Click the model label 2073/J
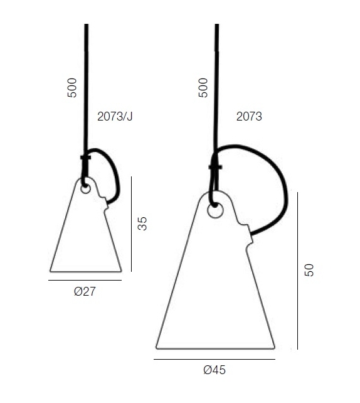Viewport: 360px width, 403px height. coord(115,116)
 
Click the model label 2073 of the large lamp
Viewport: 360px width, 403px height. coord(249,116)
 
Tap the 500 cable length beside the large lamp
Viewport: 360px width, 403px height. coord(203,87)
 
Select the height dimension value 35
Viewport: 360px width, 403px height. coord(142,223)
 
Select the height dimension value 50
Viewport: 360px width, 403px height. coord(308,270)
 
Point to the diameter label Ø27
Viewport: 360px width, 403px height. coord(84,291)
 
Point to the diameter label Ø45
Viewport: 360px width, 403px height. coord(214,370)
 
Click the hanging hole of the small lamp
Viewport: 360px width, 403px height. coord(86,188)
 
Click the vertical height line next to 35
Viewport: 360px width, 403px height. coord(132,223)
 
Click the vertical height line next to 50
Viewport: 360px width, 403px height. coord(297,270)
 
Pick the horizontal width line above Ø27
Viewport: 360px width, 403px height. coord(85,281)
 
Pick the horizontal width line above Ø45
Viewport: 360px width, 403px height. coord(214,359)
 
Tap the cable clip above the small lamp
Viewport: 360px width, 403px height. coord(85,158)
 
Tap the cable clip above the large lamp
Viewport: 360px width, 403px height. coord(215,166)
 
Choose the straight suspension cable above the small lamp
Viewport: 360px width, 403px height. coord(86,88)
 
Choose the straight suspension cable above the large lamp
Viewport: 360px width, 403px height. coord(216,88)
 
